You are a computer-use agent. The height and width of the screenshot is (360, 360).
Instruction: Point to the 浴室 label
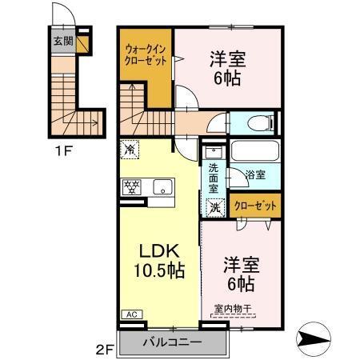[x=255, y=175]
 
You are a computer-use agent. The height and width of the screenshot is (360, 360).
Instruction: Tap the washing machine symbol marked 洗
[x=214, y=206]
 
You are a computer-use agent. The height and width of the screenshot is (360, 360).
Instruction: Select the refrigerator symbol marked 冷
[x=130, y=148]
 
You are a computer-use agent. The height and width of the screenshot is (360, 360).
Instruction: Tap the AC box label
[x=129, y=314]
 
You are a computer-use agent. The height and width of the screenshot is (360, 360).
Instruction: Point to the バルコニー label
[x=173, y=343]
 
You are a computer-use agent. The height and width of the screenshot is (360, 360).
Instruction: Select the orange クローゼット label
[x=257, y=206]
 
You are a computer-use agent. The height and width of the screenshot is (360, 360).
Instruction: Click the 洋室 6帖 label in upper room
[x=227, y=67]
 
